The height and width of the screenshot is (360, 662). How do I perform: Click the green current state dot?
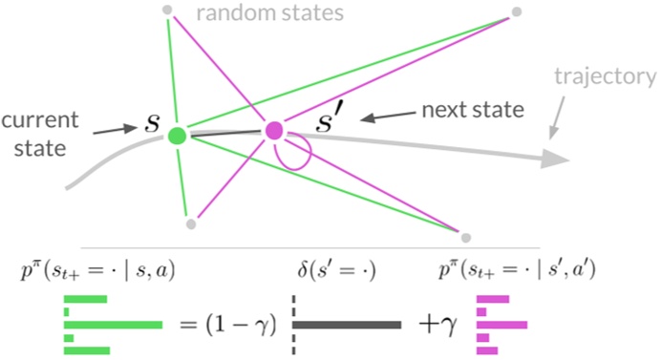pyautogui.click(x=177, y=136)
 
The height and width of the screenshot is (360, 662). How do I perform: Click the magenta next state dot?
pyautogui.click(x=274, y=130)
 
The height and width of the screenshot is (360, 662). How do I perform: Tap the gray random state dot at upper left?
pyautogui.click(x=167, y=11)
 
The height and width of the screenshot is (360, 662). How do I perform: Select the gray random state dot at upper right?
pyautogui.click(x=517, y=11)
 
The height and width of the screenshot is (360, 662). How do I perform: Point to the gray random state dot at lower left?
pyautogui.click(x=191, y=223)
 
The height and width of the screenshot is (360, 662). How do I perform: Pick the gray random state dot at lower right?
pyautogui.click(x=465, y=235)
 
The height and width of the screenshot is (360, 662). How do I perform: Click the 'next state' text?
pyautogui.click(x=472, y=110)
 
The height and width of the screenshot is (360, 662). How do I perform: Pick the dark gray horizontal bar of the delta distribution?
pyautogui.click(x=347, y=325)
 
